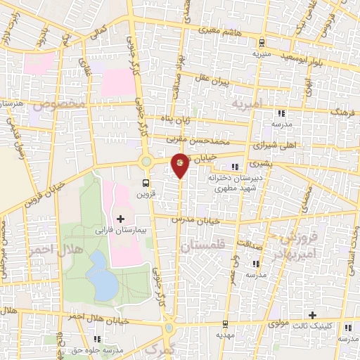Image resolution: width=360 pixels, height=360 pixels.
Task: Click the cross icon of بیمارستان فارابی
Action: tap(120, 219)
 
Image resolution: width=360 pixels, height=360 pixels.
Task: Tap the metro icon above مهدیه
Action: tap(224, 324)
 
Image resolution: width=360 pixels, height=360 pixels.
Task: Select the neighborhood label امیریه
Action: tap(247, 103)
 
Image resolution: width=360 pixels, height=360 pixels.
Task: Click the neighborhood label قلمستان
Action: tap(200, 246)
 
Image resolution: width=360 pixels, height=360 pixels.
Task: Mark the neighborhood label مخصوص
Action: tap(63, 105)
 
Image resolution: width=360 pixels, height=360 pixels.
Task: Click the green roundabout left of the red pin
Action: tap(146, 162)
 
